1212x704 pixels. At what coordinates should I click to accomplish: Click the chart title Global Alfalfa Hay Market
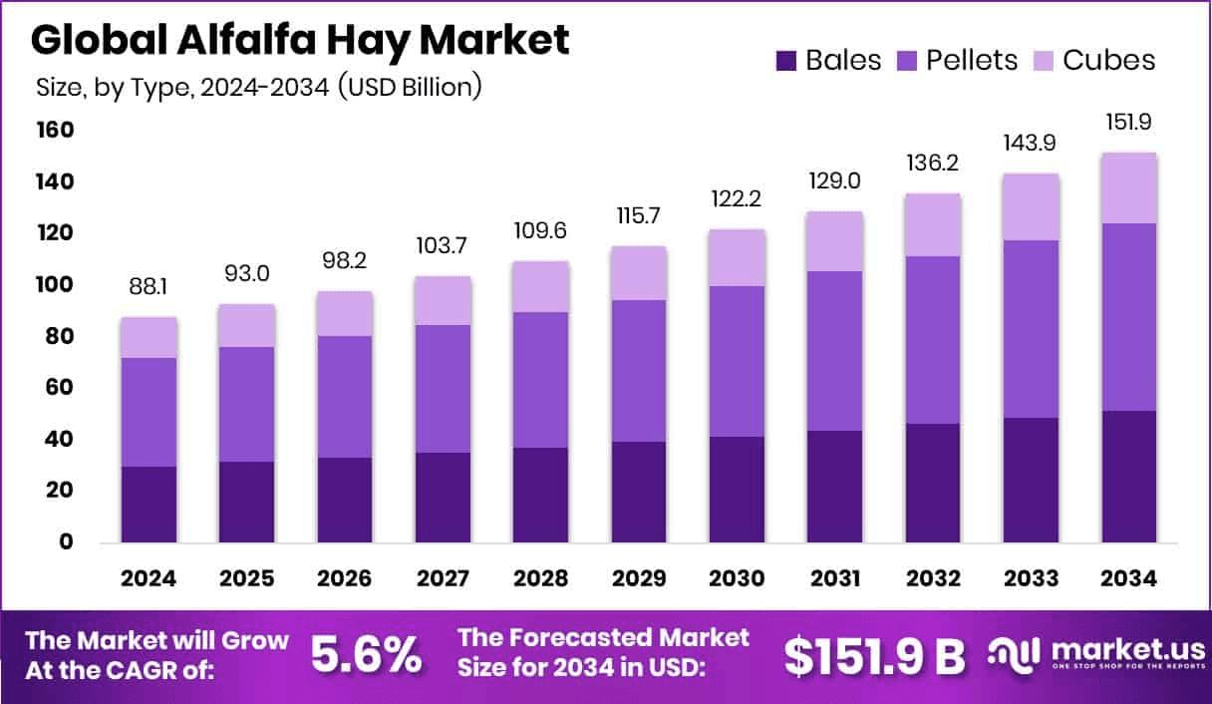tap(300, 40)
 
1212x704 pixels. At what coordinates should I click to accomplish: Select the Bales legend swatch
tap(786, 61)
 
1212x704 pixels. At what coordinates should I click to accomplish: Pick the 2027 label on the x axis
tap(443, 579)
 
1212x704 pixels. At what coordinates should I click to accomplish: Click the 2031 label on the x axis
tap(834, 579)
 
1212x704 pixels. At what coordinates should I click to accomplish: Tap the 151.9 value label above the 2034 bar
tap(1128, 125)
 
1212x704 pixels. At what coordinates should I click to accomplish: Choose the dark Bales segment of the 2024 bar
tap(150, 505)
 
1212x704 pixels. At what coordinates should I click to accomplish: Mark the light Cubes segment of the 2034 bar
tap(1128, 187)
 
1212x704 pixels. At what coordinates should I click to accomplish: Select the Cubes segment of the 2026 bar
tap(345, 313)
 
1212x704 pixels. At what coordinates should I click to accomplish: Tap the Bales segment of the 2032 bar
tap(933, 483)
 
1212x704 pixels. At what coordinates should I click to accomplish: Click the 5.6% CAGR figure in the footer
tap(366, 655)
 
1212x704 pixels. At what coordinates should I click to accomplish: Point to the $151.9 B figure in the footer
tap(874, 655)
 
